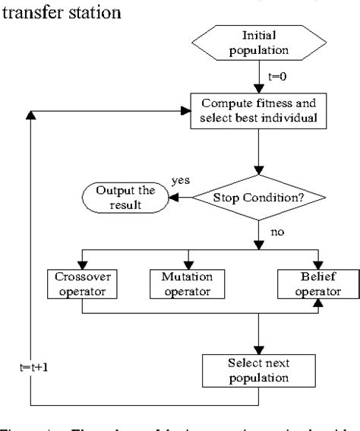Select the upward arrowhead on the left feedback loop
point(30,114)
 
